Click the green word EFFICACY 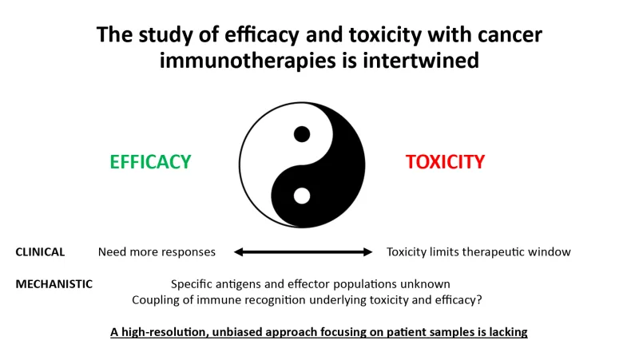(150, 162)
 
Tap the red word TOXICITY (445, 162)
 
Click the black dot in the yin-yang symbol (302, 134)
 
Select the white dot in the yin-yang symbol (302, 196)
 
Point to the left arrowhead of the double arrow (238, 252)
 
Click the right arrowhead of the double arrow (367, 252)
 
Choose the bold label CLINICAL (40, 252)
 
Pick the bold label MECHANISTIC (54, 284)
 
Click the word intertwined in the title (421, 61)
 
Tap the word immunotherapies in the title (248, 61)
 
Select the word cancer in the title (510, 35)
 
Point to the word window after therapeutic (549, 252)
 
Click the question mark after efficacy (479, 299)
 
